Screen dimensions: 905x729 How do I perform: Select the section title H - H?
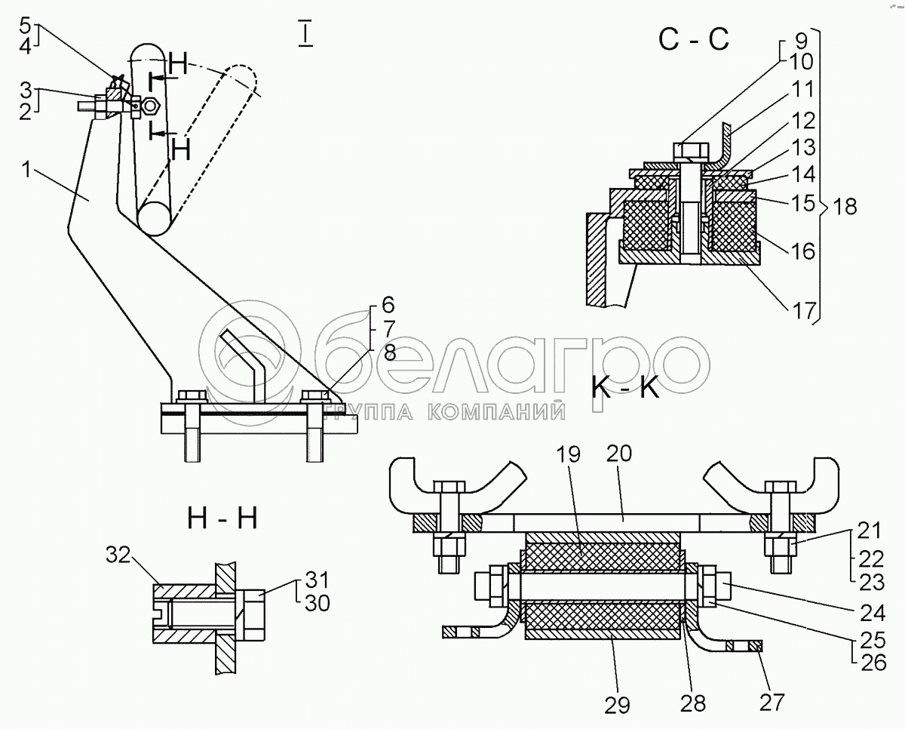(222, 518)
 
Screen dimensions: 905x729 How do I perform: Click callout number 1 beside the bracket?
(26, 170)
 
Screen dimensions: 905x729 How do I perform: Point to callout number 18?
(845, 207)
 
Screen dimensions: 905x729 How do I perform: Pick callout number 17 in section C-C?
(802, 312)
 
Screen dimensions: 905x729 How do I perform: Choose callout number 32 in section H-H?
(118, 555)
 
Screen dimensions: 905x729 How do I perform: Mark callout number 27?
(772, 702)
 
